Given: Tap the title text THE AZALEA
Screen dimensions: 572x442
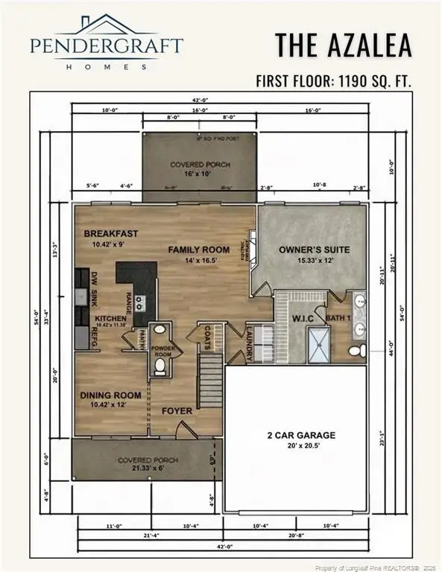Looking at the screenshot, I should pos(343,45).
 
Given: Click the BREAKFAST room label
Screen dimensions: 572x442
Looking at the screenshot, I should pos(111,233).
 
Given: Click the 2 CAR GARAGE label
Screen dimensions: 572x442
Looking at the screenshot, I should pos(302,435).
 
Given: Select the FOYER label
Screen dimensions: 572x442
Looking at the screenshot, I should pos(177,410).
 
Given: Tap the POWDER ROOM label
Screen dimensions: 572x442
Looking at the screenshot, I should pos(162,352).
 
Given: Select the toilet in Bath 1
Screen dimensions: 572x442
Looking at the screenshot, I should pos(357,349).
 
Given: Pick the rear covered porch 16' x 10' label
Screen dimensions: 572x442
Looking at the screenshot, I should pos(200,168).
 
